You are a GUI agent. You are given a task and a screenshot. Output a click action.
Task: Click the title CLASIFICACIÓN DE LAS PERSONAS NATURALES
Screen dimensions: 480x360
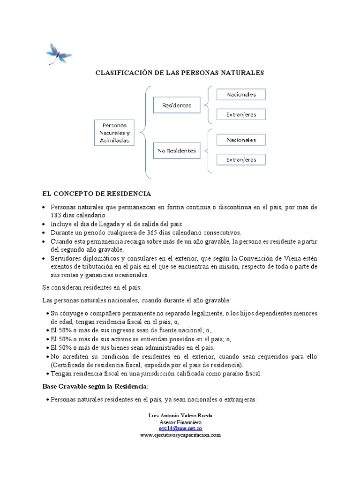pyautogui.click(x=180, y=73)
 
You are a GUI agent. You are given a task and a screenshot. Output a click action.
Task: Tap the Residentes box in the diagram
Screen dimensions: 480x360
pyautogui.click(x=177, y=105)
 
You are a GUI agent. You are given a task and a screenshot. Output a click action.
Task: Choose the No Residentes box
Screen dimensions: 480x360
pyautogui.click(x=177, y=151)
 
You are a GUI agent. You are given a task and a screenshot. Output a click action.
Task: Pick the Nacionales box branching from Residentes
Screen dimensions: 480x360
pyautogui.click(x=241, y=94)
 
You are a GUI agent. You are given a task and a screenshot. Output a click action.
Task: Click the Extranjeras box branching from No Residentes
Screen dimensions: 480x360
pyautogui.click(x=241, y=160)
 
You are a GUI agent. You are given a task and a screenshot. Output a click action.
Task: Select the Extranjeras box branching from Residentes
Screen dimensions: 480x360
pyautogui.click(x=241, y=114)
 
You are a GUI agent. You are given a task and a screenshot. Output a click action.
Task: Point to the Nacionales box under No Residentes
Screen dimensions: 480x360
pyautogui.click(x=241, y=140)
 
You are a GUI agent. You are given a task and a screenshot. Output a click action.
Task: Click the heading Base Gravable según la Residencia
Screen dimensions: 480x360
pyautogui.click(x=96, y=386)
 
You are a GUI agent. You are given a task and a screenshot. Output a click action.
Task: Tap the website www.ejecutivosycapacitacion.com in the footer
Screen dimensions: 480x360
pyautogui.click(x=180, y=435)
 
